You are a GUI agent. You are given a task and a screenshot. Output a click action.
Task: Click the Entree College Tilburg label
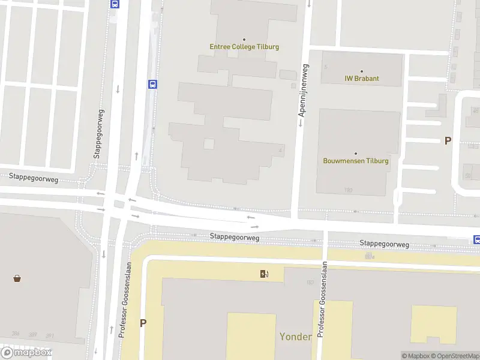(244, 47)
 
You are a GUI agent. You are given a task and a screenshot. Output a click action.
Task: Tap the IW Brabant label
(362, 79)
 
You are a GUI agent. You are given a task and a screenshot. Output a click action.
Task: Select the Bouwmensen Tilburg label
(356, 161)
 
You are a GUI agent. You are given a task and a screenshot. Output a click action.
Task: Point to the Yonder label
(295, 337)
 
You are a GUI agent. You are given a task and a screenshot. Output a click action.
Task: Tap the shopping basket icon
(17, 278)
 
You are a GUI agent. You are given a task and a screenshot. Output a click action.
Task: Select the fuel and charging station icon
(264, 274)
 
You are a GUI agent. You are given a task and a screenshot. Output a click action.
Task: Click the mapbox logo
(26, 353)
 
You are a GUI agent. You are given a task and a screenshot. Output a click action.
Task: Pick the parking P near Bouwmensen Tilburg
(447, 141)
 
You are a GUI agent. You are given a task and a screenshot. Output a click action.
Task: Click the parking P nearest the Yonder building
(143, 323)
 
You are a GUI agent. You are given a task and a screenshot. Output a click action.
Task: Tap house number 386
(15, 334)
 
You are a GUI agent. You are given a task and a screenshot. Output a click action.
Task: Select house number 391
(49, 335)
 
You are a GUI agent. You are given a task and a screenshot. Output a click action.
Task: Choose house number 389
(32, 335)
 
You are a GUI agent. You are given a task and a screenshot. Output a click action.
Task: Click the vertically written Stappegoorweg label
(97, 134)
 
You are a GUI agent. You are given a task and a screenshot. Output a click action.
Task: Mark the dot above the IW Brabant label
(361, 71)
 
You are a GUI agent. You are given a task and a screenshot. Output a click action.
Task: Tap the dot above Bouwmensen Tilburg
(356, 153)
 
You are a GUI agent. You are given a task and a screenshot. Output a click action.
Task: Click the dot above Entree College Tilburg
(244, 39)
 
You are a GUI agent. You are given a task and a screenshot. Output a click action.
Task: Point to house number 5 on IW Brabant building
(326, 66)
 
